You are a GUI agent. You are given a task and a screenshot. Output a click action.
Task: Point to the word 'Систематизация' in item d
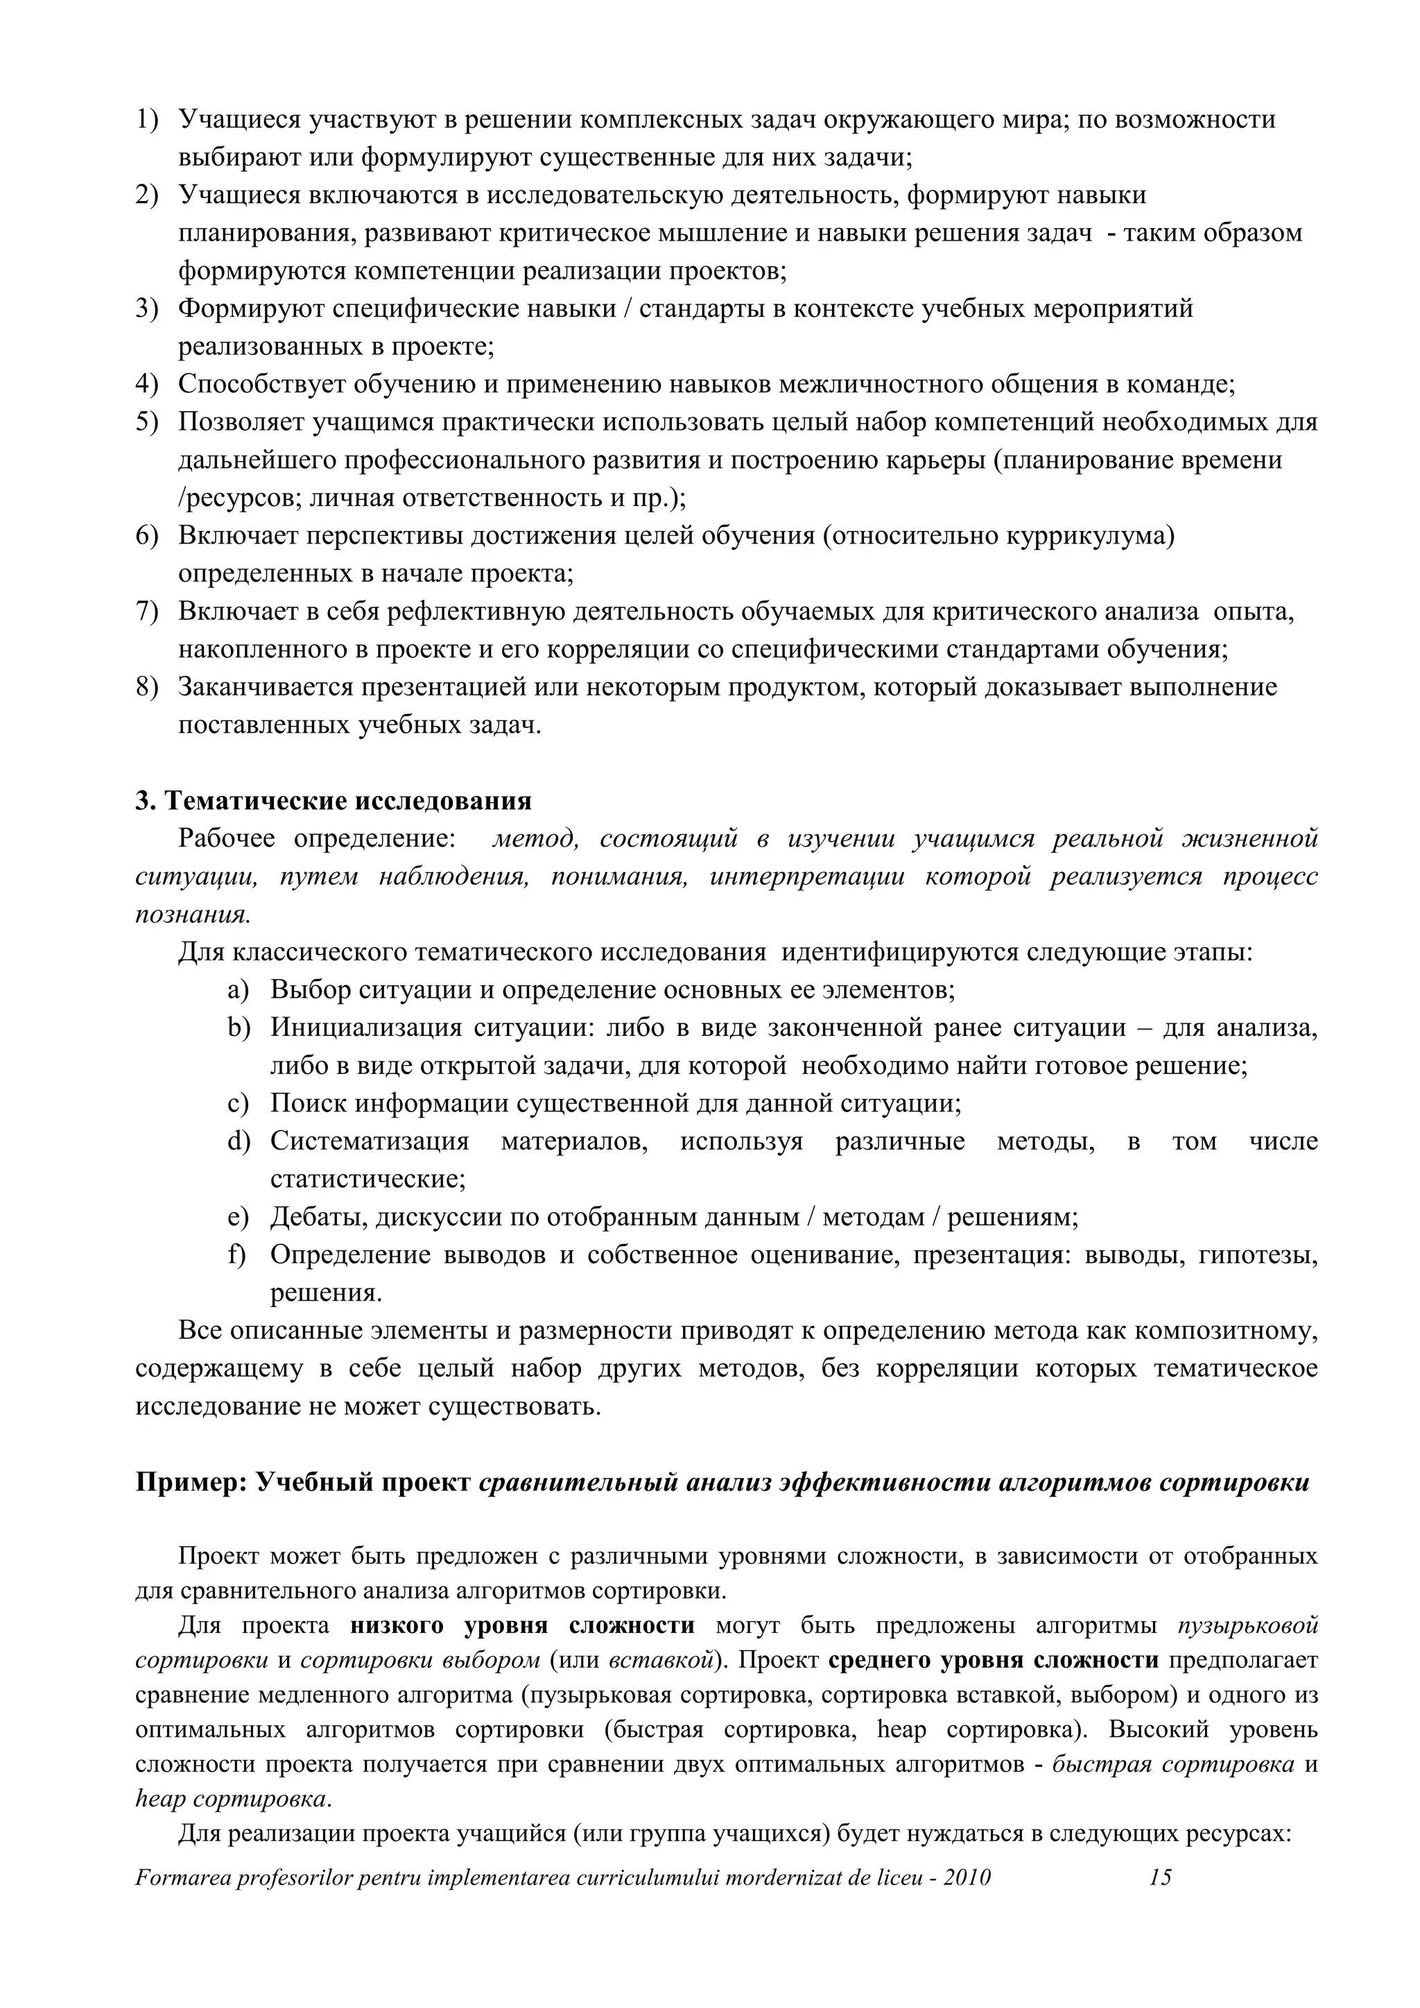pos(369,1141)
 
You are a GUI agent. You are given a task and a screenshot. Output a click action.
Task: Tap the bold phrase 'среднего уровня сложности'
pos(992,1660)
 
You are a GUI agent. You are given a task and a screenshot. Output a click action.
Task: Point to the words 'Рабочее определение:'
pos(317,840)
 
